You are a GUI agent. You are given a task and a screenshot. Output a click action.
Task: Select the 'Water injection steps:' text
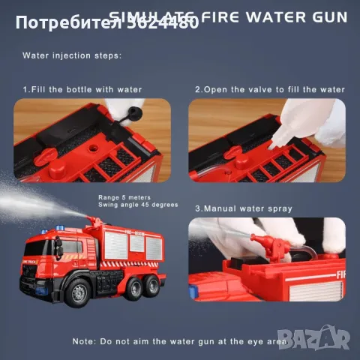coord(71,55)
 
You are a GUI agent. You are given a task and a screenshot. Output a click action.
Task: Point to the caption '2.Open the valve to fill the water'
coord(270,89)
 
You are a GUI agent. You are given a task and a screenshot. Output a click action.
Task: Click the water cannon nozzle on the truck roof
coord(94,220)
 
